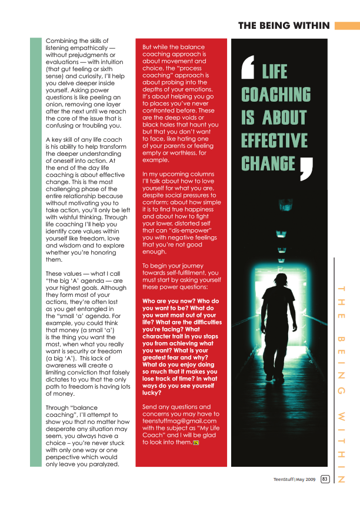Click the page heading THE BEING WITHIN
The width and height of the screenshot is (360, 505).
pyautogui.click(x=284, y=25)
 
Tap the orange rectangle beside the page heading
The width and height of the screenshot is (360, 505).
pyautogui.click(x=347, y=25)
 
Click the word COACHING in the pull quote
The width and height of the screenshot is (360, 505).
pyautogui.click(x=276, y=94)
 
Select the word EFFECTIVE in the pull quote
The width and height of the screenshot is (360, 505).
pyautogui.click(x=275, y=141)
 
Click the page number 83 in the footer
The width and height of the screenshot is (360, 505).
pyautogui.click(x=325, y=479)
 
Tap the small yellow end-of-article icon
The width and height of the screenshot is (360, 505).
pyautogui.click(x=195, y=443)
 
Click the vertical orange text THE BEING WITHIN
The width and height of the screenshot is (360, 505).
pyautogui.click(x=341, y=382)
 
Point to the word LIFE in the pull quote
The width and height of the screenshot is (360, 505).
pyautogui.click(x=275, y=72)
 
